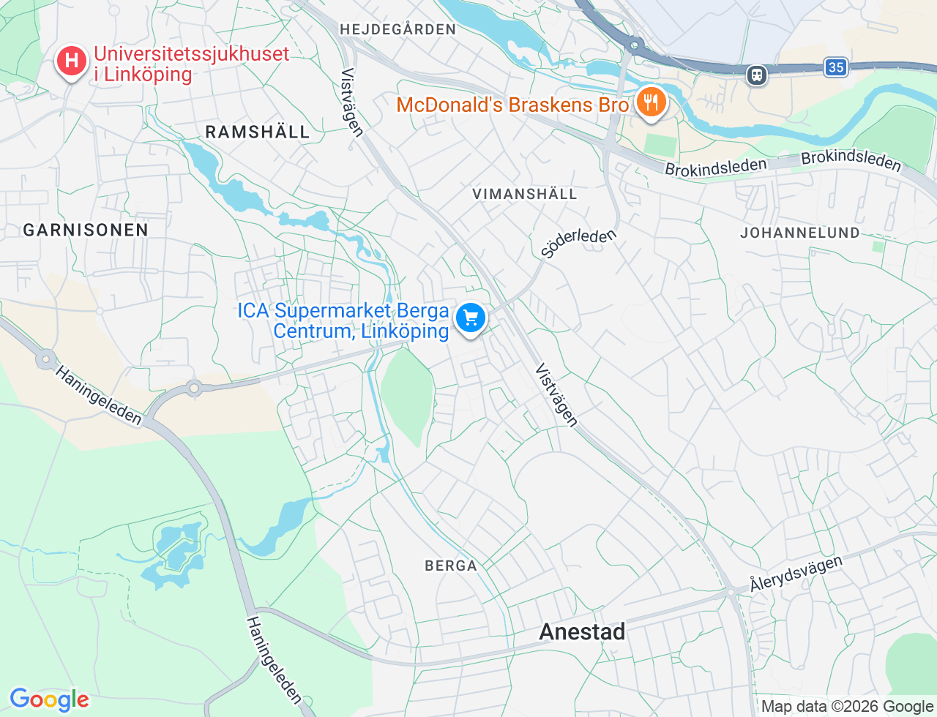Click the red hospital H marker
(72, 61)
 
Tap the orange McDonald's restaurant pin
(649, 102)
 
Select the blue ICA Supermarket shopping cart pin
(471, 319)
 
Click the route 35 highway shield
(835, 68)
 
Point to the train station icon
(757, 75)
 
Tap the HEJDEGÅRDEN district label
(397, 29)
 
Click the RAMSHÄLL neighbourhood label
(258, 132)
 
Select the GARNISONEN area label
(86, 230)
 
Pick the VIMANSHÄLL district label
(525, 194)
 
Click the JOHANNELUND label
(800, 233)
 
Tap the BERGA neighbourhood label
(451, 566)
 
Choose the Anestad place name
(583, 631)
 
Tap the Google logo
(49, 699)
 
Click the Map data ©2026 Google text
(847, 707)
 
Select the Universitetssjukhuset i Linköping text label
(192, 64)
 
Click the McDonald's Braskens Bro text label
(512, 105)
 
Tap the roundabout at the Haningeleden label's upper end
(46, 359)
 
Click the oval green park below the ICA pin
(407, 391)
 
